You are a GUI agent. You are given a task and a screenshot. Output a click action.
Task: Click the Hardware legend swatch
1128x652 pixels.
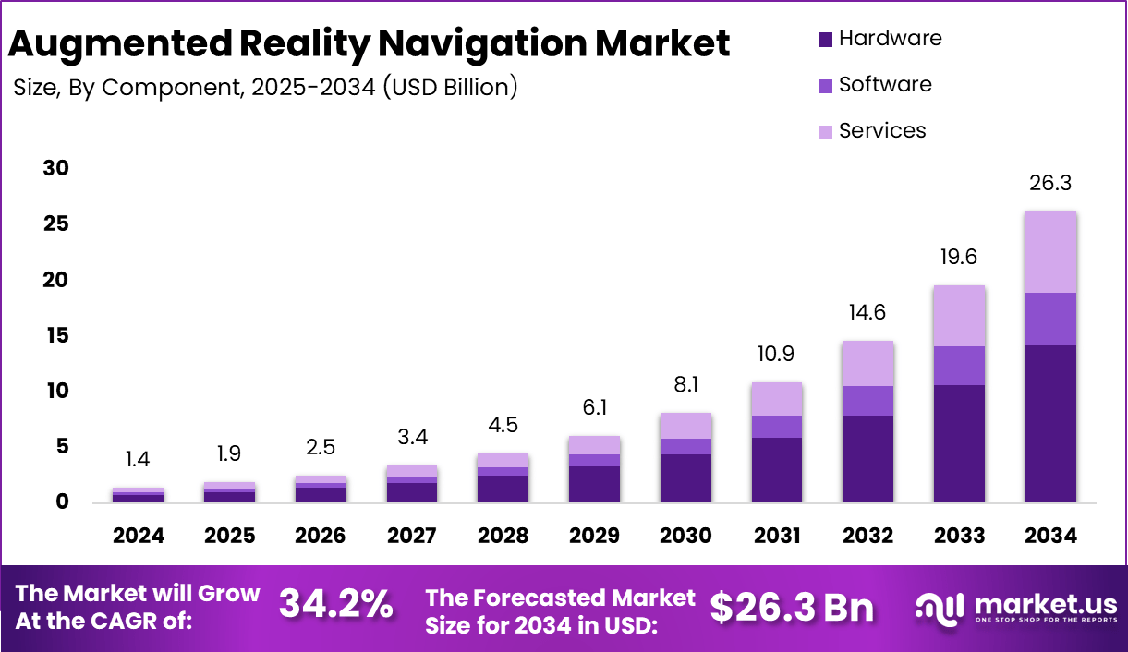[825, 40]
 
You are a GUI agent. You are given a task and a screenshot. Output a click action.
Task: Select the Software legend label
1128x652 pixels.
[885, 85]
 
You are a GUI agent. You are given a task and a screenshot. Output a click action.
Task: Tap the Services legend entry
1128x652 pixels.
[882, 131]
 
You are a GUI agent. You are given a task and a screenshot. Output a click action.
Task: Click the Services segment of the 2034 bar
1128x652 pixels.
[1050, 251]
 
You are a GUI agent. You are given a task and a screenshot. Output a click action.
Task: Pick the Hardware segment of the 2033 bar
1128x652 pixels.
[959, 443]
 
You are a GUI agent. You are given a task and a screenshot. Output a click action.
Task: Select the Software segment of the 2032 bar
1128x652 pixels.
[867, 401]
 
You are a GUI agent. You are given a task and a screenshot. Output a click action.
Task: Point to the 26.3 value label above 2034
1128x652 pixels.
[1050, 184]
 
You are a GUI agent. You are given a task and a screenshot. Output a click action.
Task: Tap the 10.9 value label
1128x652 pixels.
[776, 355]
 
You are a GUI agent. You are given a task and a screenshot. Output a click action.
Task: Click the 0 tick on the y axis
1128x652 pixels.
[62, 502]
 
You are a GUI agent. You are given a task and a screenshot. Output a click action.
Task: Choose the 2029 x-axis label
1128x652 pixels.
[594, 537]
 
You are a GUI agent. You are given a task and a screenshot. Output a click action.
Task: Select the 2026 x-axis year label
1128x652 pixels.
[321, 537]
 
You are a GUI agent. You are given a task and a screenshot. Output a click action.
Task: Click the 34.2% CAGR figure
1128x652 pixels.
[336, 606]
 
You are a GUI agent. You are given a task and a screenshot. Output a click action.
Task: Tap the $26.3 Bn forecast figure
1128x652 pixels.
[792, 607]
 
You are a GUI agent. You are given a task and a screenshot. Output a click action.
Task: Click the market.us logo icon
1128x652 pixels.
[939, 608]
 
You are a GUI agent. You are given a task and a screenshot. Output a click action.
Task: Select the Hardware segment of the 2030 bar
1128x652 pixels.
[685, 478]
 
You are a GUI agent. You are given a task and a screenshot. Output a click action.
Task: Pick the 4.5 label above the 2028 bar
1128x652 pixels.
[503, 426]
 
